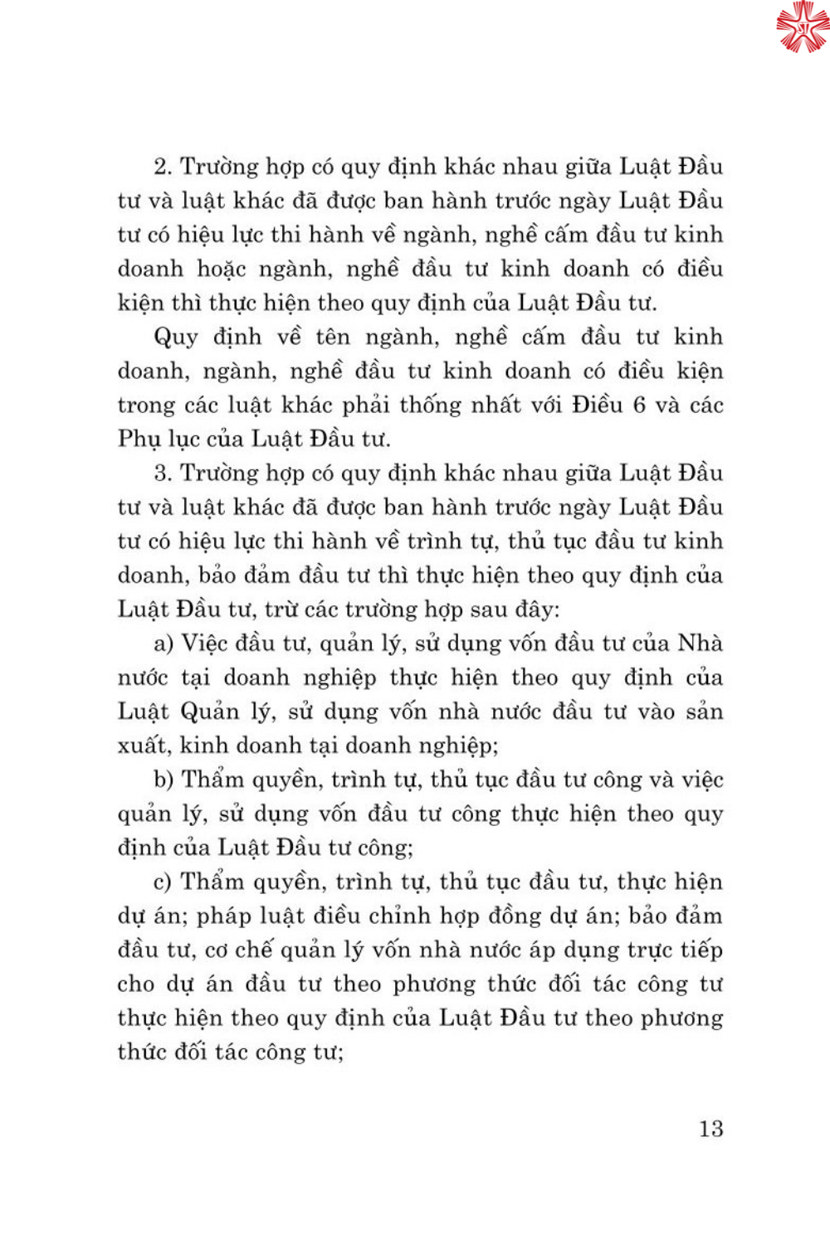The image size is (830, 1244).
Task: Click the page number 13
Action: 710,1129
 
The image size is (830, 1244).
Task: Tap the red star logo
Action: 803,27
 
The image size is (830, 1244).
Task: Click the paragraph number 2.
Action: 162,167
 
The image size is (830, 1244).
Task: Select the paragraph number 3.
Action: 162,474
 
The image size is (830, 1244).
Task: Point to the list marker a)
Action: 164,644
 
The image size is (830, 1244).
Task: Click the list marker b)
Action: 164,780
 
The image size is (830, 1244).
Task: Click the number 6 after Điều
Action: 639,405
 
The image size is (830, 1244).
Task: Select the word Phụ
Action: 139,440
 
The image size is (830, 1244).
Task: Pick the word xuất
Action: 142,746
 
